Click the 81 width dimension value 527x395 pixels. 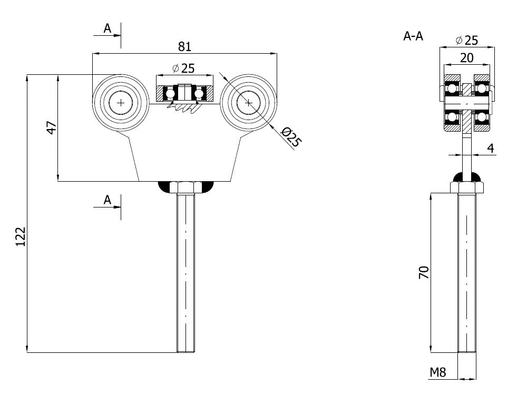coord(184,46)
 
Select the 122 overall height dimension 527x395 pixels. coord(19,237)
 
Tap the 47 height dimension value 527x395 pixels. coord(51,127)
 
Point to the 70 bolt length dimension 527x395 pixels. coord(424,272)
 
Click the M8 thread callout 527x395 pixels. coord(438,373)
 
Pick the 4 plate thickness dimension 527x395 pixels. coord(491,149)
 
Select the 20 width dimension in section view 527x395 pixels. coord(467,57)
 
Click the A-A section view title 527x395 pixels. coord(414,36)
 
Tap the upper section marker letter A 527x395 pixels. coord(108,28)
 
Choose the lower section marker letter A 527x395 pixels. coord(108,200)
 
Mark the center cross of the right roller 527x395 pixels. coord(249,103)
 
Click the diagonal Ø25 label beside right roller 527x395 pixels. coord(291,138)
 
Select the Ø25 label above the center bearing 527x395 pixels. coord(183,68)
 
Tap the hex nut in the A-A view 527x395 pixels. coord(467,187)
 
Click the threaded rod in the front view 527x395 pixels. coord(186,274)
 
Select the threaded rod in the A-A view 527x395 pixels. coord(467,274)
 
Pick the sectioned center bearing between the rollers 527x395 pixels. coord(184,93)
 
